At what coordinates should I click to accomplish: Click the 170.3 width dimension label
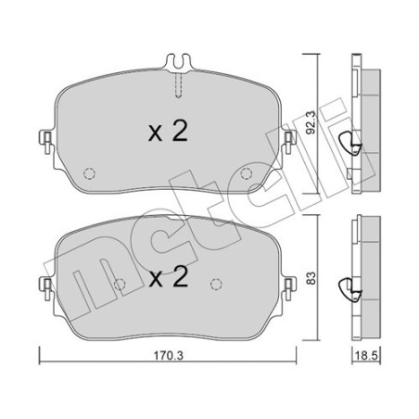[169, 356]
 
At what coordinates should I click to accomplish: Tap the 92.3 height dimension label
[311, 122]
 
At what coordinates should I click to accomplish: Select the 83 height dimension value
[311, 278]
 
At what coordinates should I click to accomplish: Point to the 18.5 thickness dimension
[366, 356]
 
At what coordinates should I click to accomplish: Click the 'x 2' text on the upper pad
[168, 132]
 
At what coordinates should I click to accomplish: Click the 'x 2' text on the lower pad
[169, 277]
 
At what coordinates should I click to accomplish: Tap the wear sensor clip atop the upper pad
[179, 63]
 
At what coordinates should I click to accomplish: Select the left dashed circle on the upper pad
[89, 173]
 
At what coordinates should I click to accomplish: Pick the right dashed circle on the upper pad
[247, 173]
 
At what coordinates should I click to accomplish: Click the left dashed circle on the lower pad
[120, 284]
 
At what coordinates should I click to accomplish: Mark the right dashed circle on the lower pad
[216, 284]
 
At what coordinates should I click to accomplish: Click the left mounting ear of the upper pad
[45, 142]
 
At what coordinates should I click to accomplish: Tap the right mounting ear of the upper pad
[289, 142]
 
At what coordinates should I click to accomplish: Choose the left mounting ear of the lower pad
[45, 288]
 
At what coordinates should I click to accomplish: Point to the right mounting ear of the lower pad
[289, 288]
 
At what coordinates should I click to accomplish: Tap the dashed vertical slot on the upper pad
[179, 85]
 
